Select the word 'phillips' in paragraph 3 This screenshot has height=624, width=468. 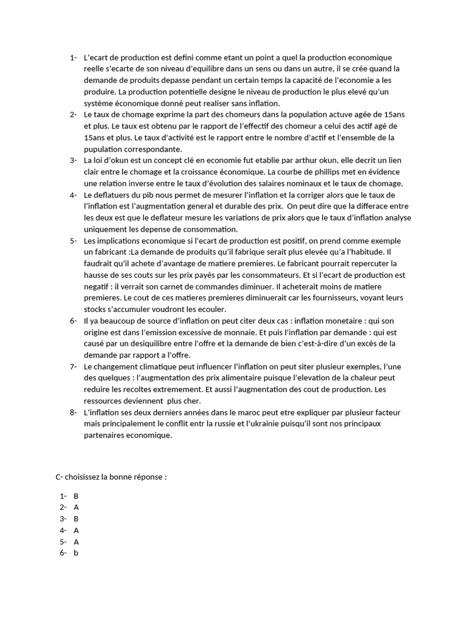(x=333, y=172)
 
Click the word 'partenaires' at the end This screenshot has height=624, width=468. (x=104, y=436)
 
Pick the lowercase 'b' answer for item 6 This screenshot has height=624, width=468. (x=76, y=553)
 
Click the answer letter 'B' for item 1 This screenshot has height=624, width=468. (x=76, y=496)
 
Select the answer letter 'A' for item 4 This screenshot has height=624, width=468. (x=76, y=530)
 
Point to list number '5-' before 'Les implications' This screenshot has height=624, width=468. (x=73, y=241)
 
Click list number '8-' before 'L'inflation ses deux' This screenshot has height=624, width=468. (x=73, y=413)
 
